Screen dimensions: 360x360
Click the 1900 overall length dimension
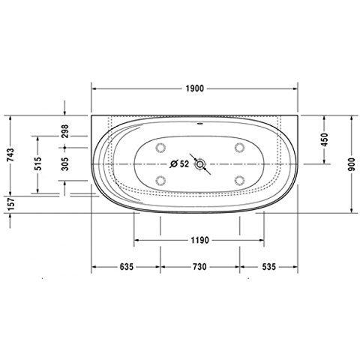(x=195, y=88)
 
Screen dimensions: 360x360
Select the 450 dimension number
(x=324, y=139)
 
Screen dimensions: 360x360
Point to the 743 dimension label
(x=10, y=155)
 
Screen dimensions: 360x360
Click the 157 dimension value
(x=11, y=204)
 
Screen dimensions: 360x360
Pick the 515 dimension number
(x=38, y=163)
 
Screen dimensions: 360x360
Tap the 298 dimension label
(x=64, y=131)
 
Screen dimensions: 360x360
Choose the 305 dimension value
(x=64, y=164)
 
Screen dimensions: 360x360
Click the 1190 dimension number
(x=199, y=241)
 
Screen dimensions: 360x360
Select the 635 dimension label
(x=127, y=267)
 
